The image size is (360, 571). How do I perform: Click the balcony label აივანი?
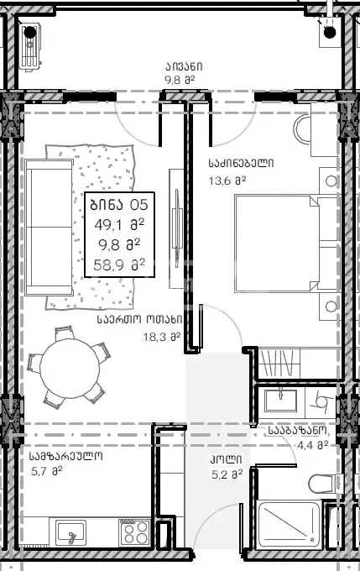pos(184,66)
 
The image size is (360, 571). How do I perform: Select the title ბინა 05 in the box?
pos(119,205)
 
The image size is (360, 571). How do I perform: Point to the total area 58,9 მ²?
pos(119,265)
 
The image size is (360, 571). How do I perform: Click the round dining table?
pos(70,369)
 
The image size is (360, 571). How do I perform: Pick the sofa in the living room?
pos(50,228)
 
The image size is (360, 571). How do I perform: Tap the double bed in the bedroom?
pos(286,244)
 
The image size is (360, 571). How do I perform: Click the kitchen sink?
pos(70,532)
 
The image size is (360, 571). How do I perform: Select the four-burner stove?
pos(134,532)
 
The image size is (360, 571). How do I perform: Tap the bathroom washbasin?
pos(280,401)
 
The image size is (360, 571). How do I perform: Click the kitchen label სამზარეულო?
pos(66,456)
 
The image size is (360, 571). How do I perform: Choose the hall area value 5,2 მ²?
pos(227,474)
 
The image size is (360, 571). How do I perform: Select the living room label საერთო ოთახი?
pos(140,319)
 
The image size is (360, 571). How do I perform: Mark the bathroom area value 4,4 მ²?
pos(313,445)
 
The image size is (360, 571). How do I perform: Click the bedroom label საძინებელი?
pos(241,163)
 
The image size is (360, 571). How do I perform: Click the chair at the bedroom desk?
pos(303,129)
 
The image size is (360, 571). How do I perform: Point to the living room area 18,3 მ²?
pos(162,337)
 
